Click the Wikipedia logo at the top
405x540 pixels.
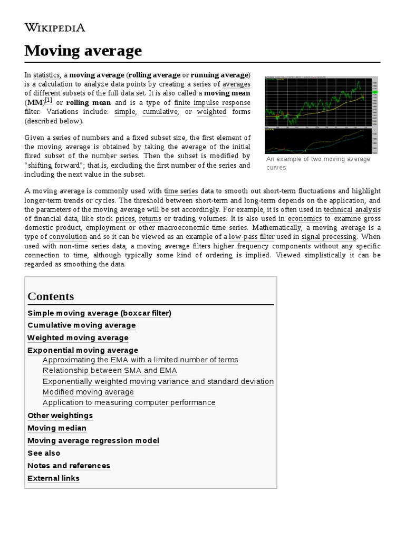[54, 27]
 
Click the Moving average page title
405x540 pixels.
[83, 51]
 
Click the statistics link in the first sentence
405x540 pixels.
[46, 75]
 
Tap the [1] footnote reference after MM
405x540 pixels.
[49, 100]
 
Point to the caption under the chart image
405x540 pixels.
[318, 163]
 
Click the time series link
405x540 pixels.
[181, 191]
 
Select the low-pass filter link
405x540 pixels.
[252, 237]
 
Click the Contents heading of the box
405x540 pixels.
[51, 296]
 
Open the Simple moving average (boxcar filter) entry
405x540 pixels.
[99, 313]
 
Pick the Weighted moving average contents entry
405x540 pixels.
[78, 338]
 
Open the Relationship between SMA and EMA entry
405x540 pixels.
[110, 371]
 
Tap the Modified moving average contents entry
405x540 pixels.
[88, 392]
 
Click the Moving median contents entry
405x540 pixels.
[56, 428]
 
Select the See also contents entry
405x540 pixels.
[44, 454]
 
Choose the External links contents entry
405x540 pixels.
[53, 478]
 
